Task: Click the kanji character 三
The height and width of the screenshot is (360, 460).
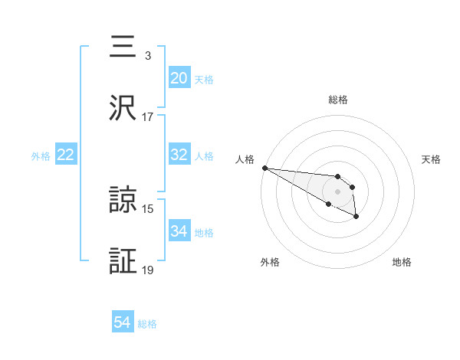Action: click(125, 48)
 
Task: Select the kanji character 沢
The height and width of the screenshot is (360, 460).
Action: click(125, 108)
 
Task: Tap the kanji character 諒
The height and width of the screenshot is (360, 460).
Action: click(125, 201)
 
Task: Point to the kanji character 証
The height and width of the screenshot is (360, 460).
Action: click(125, 261)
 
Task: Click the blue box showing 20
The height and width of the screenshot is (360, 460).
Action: click(179, 78)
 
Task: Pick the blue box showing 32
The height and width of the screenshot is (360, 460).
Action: click(179, 155)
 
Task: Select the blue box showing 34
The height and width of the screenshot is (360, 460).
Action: click(179, 231)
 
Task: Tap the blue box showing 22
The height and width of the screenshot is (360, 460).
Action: click(66, 155)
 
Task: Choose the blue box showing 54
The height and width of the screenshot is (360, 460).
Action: click(123, 322)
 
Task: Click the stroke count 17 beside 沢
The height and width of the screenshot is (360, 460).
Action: click(148, 117)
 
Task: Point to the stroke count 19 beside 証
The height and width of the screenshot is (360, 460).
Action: click(148, 270)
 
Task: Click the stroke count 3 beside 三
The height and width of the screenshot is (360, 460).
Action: click(148, 56)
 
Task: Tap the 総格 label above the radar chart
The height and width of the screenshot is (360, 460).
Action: click(338, 100)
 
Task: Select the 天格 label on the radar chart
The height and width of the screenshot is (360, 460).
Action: click(432, 159)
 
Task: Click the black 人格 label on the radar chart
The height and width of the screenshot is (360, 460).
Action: click(245, 159)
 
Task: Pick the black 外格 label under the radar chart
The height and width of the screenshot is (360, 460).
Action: click(270, 262)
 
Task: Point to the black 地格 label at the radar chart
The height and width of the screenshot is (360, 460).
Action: click(402, 262)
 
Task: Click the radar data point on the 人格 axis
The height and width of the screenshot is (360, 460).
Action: click(264, 168)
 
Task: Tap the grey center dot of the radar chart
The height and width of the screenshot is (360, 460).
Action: click(338, 191)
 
